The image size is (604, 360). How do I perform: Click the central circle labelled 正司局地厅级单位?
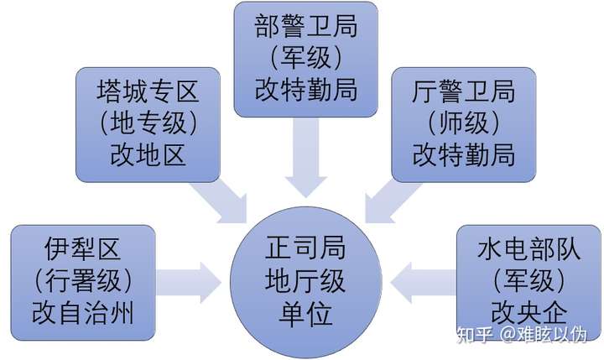306,283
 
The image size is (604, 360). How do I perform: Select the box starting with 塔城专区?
148,124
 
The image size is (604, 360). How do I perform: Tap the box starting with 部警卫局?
306,60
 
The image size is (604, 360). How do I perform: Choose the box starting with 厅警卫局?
464,124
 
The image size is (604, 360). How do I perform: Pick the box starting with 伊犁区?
83,283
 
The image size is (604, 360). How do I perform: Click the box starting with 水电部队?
528,283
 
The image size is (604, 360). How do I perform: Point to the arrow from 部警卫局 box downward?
306,157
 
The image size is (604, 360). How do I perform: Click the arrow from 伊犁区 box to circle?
189,283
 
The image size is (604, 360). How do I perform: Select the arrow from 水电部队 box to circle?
424,283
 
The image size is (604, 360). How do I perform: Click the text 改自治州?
83,313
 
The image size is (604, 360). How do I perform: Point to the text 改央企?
528,313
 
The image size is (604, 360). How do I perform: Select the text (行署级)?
83,281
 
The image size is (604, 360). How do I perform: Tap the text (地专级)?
148,123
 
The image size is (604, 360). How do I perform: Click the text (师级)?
464,123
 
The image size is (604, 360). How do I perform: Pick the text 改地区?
148,155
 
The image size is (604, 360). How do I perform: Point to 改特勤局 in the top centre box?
306,90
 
